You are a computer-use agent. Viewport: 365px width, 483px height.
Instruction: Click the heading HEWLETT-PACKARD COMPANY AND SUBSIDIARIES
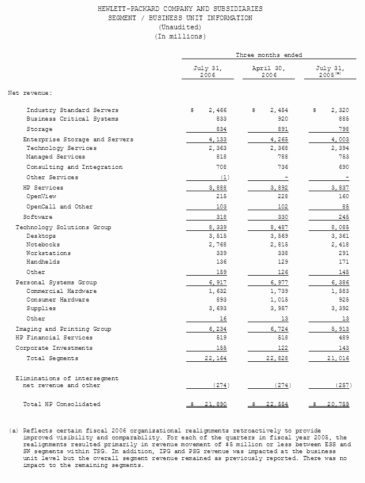[x=180, y=9]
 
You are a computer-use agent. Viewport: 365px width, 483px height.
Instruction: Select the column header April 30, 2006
[x=268, y=72]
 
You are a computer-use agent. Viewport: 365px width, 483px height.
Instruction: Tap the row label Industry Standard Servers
[x=72, y=110]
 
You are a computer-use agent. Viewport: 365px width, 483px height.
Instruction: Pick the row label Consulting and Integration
[x=74, y=167]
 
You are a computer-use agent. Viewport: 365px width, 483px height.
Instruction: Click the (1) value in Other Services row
[x=225, y=177]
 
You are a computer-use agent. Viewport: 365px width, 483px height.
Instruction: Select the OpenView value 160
[x=343, y=196]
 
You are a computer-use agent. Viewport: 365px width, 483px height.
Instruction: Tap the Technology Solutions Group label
[x=63, y=227]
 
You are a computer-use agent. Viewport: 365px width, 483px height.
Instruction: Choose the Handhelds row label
[x=43, y=262]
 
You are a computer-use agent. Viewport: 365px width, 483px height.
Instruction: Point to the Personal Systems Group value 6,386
[x=339, y=283]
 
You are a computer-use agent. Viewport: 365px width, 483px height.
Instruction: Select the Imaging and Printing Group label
[x=63, y=329]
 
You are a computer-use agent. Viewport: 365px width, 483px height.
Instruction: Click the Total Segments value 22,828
[x=275, y=358]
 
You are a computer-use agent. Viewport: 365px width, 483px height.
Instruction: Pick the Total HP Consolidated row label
[x=62, y=404]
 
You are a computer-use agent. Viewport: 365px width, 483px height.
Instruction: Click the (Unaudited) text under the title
[x=180, y=28]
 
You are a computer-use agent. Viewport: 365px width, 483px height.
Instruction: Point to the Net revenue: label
[x=30, y=92]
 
